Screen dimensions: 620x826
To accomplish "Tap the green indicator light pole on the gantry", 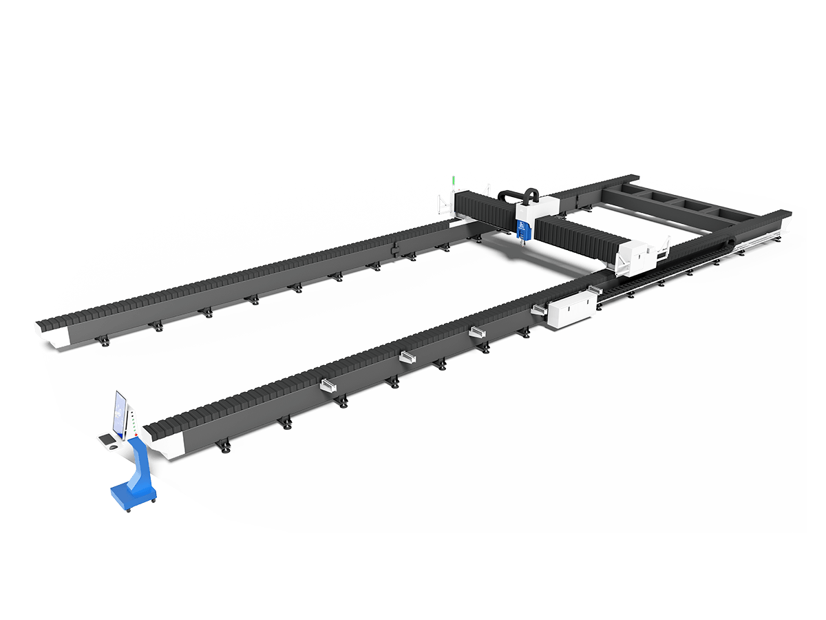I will (x=454, y=185).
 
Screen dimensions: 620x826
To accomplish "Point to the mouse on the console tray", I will (x=112, y=444).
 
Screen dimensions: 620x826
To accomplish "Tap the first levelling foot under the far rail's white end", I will (x=105, y=342).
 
